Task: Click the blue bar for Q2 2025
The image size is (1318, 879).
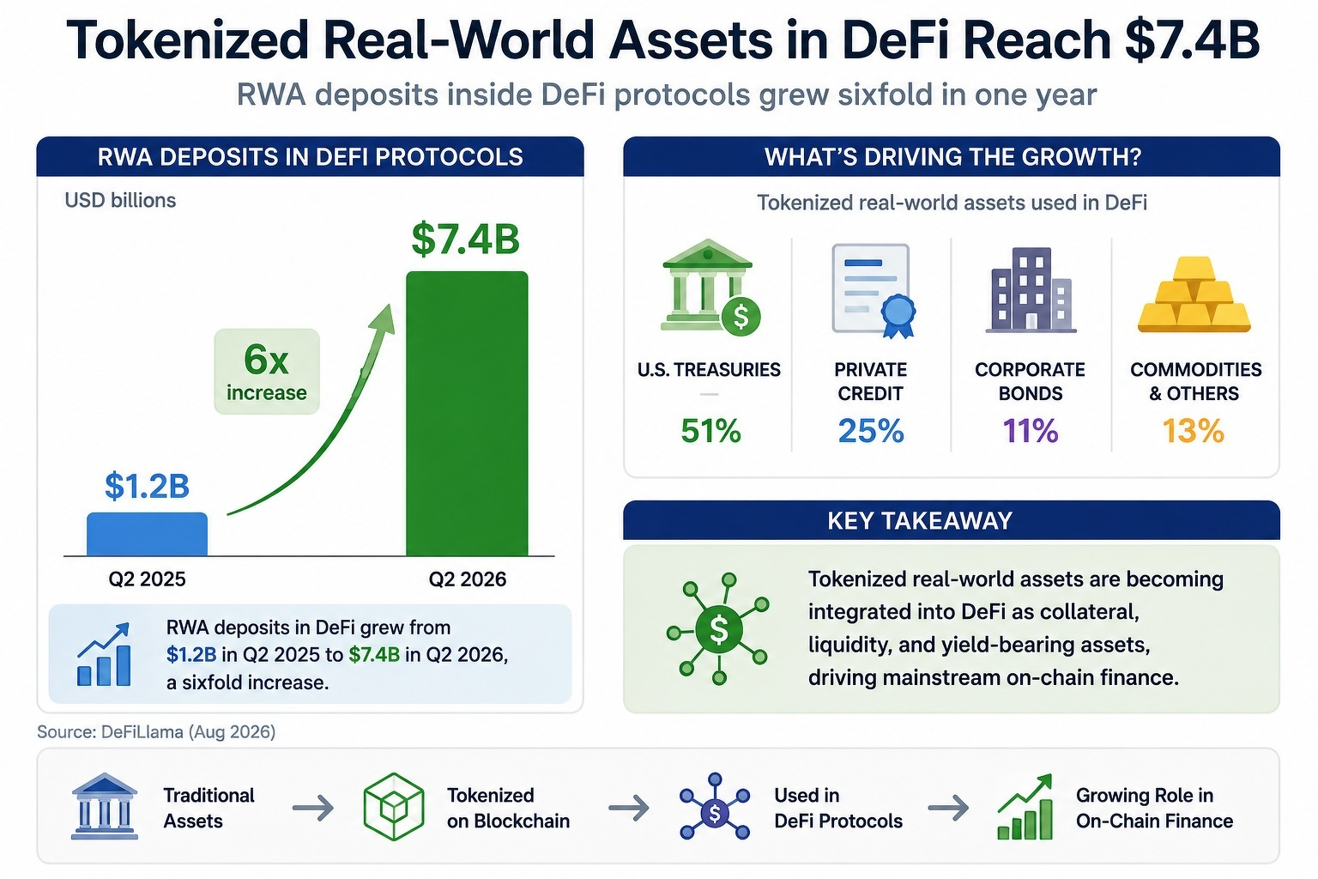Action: (x=147, y=534)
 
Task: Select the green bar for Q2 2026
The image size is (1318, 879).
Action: (x=467, y=413)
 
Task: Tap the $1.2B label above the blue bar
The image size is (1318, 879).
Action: (x=147, y=487)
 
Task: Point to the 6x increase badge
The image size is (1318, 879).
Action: (x=267, y=372)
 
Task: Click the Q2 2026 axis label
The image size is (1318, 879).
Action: (x=467, y=579)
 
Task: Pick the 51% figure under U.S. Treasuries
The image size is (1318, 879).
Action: (x=710, y=431)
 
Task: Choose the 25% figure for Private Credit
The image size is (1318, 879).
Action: (x=871, y=431)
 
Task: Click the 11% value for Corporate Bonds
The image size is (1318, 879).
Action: (x=1031, y=431)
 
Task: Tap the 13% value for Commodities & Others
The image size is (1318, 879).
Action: (x=1194, y=431)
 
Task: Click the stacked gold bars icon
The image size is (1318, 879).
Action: (x=1194, y=294)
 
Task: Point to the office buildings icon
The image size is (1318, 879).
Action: (x=1031, y=289)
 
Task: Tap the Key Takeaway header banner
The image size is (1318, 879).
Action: (x=952, y=520)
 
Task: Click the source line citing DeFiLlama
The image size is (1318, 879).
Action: (x=156, y=732)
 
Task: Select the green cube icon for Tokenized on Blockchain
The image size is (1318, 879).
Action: (x=394, y=807)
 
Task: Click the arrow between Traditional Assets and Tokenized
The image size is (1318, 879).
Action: (x=313, y=807)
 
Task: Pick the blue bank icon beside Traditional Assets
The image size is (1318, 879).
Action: (x=104, y=806)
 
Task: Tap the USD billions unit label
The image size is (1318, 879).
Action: (x=120, y=201)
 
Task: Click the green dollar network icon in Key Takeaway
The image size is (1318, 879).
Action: (x=718, y=629)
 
